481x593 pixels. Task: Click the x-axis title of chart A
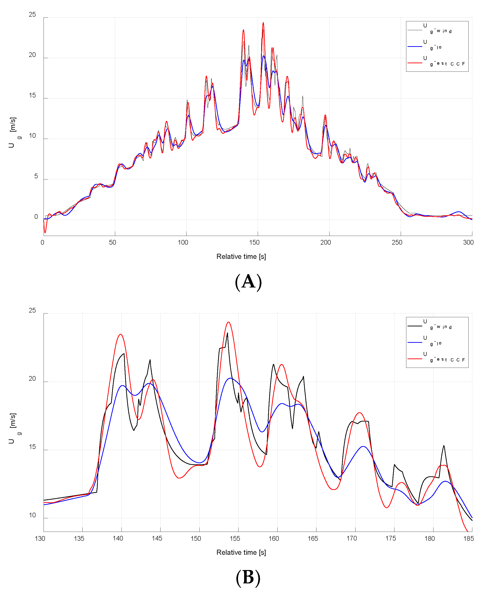tap(241, 257)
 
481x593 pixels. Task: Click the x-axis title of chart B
tap(241, 552)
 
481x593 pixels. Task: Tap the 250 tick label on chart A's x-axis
tap(397, 242)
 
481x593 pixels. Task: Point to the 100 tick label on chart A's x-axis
tap(183, 242)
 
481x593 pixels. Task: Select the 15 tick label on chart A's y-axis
tap(32, 95)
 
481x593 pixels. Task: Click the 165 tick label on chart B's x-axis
tap(313, 538)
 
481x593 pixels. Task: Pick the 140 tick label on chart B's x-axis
tap(118, 538)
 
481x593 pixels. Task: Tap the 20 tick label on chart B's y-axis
tap(32, 379)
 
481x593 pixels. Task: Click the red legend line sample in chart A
tap(415, 63)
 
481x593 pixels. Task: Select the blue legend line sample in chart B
tap(415, 343)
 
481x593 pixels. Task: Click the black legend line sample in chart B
tap(415, 326)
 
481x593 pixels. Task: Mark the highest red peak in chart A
tap(263, 23)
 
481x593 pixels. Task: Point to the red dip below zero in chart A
tap(45, 232)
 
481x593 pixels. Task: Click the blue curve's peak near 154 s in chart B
tap(231, 378)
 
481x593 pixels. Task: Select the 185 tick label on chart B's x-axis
tap(468, 538)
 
